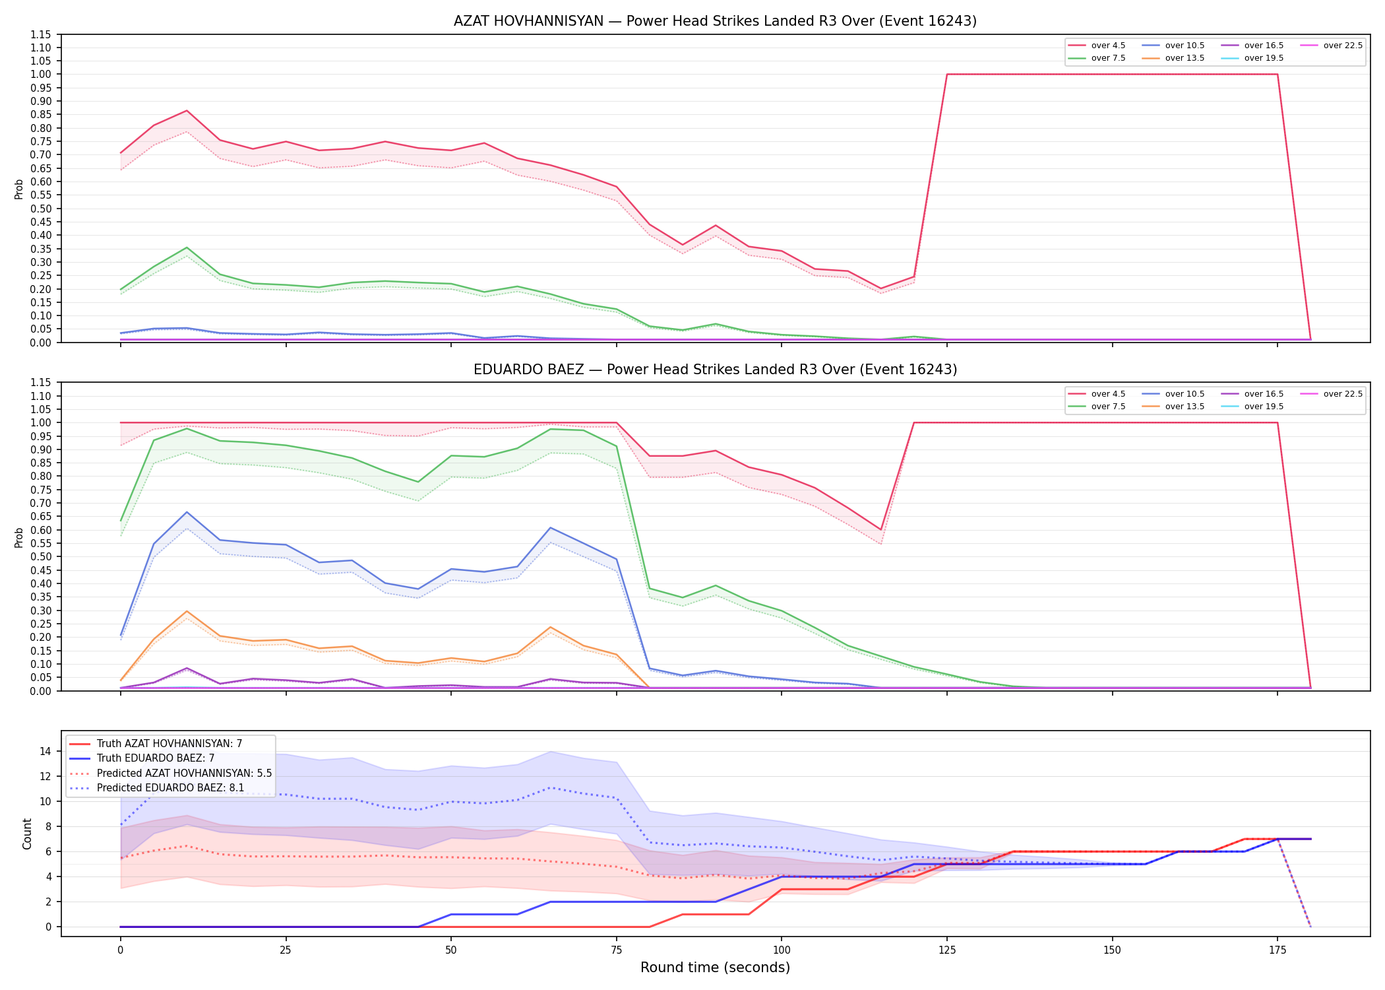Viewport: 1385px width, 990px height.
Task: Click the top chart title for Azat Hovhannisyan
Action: point(715,21)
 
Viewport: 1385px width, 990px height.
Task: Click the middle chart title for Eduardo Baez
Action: point(715,370)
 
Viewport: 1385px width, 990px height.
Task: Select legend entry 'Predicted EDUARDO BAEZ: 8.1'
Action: point(170,787)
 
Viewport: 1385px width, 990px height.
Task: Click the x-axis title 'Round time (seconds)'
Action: point(715,968)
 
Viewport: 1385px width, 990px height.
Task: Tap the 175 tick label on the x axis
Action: point(1277,950)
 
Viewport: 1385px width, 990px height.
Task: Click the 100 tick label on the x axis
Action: point(782,950)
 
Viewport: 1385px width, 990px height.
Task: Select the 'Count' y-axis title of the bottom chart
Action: point(27,834)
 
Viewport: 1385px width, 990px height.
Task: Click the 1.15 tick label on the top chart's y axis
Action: point(41,34)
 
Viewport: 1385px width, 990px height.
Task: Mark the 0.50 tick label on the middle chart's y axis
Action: point(41,556)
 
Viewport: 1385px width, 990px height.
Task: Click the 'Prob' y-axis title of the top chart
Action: point(19,189)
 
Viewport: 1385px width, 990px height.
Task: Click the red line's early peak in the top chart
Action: point(187,111)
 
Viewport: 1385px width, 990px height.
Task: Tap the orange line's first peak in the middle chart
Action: point(187,611)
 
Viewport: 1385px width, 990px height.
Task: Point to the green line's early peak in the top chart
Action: point(187,247)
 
